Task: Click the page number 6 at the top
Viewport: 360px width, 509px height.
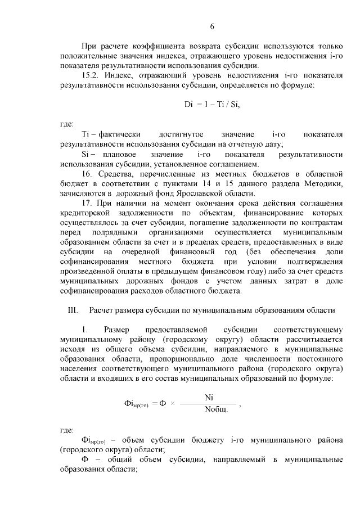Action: pos(213,26)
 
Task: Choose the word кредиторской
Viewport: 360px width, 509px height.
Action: pos(84,213)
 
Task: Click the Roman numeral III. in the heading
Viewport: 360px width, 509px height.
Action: pos(72,310)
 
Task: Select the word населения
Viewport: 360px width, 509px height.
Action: pos(80,368)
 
